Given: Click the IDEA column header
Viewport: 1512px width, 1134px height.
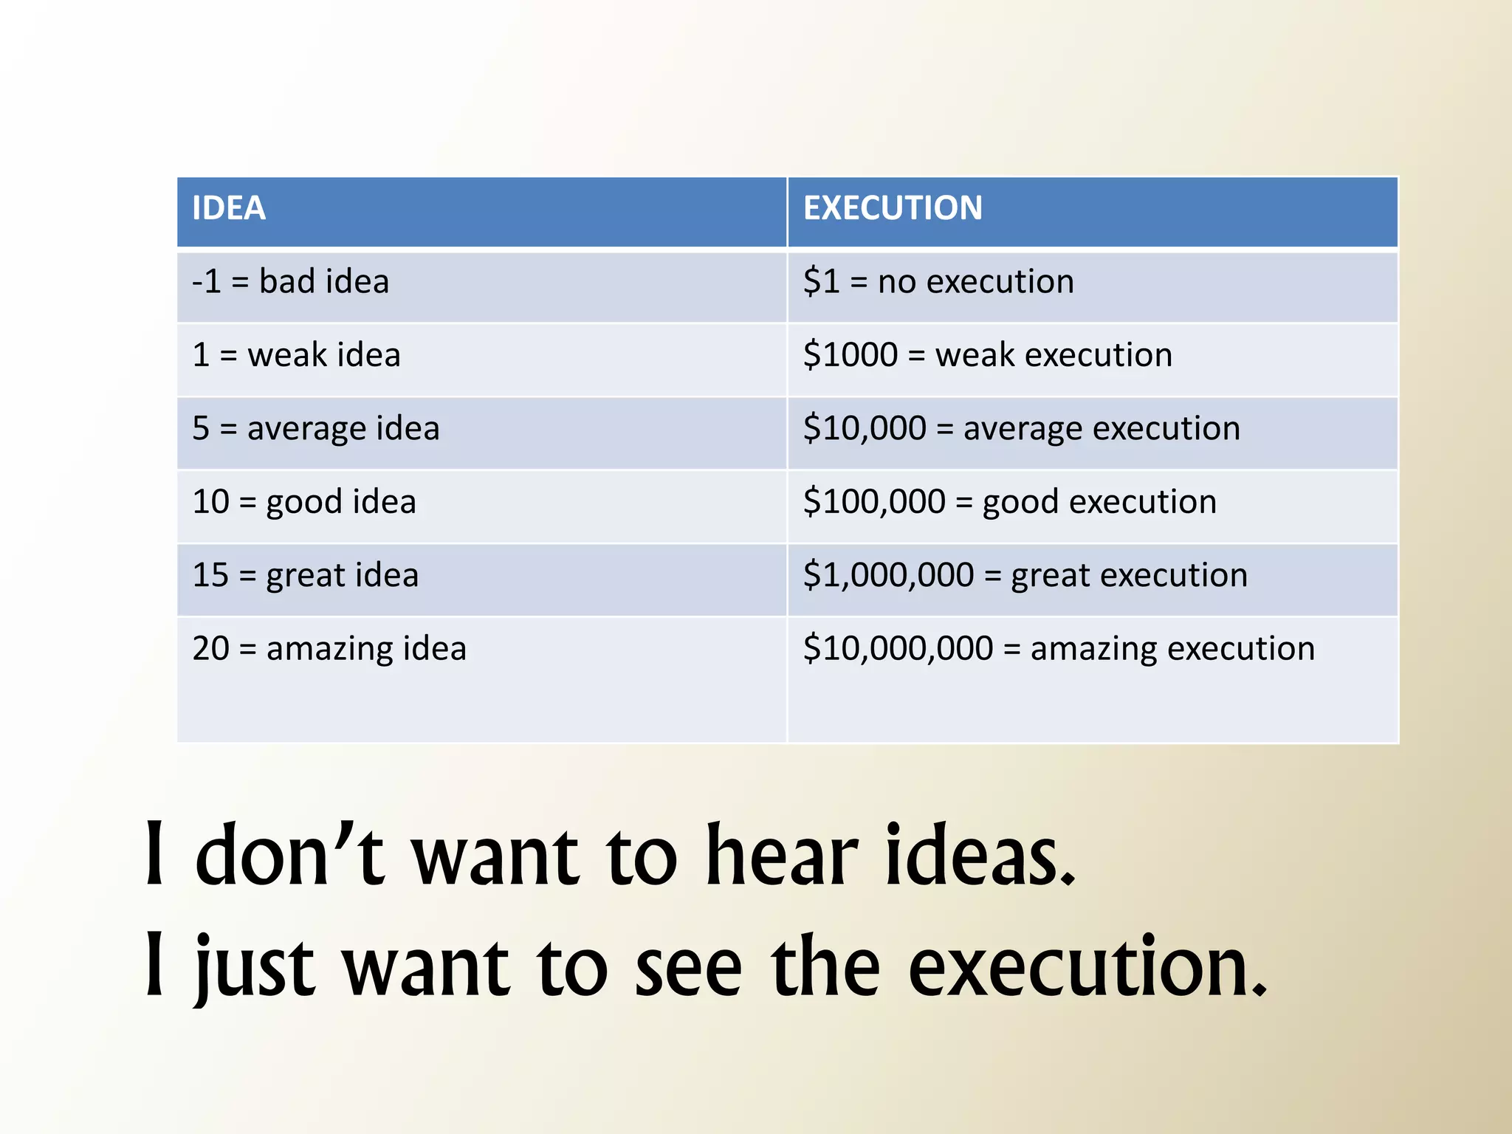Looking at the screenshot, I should pos(229,209).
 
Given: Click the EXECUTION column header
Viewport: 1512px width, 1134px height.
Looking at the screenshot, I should pos(893,209).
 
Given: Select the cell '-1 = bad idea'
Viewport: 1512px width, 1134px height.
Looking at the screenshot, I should pos(290,282).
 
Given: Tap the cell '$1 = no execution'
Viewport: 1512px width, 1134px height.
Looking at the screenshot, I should pos(938,282).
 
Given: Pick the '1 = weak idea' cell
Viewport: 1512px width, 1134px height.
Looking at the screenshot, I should pos(296,355).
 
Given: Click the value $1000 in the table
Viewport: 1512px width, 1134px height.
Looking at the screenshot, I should pos(850,355).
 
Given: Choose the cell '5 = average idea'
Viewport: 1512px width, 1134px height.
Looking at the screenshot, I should pos(316,429).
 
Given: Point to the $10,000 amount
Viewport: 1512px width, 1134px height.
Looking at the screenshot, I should pos(865,429).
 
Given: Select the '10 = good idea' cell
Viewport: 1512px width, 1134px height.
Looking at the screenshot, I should pos(304,502).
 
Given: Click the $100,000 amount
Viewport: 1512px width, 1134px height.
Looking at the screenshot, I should pos(874,502).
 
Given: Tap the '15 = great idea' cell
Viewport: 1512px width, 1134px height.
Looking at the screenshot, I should pos(305,575).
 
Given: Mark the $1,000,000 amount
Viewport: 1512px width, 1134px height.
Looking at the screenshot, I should pos(888,575).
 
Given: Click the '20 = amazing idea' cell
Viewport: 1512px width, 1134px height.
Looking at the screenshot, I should pos(329,649).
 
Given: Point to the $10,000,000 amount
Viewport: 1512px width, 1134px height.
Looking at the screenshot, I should pos(898,649).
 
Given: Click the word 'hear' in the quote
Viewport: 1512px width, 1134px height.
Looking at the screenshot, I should pos(782,856).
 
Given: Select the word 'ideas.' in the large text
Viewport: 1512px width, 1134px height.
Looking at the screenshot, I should pos(980,856).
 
